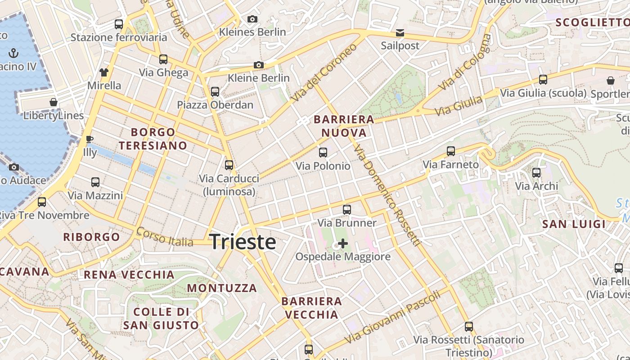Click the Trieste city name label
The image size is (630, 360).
coord(243,242)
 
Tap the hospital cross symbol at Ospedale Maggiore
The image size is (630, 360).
coord(343,244)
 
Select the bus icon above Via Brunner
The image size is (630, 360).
coord(346,209)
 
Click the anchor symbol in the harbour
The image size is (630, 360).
coord(13,54)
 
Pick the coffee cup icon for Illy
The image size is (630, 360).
coord(89,139)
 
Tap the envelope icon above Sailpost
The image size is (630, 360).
coord(400,33)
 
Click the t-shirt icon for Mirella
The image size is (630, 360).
coord(104,72)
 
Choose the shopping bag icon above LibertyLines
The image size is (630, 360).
coord(54,103)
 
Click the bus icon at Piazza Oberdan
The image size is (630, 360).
coord(215,92)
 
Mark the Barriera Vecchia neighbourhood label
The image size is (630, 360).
coord(311,308)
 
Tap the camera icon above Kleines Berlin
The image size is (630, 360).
coord(252,19)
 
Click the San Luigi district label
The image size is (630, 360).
coord(574,224)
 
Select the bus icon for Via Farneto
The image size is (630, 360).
coord(451,151)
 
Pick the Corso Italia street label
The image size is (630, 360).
coord(164,237)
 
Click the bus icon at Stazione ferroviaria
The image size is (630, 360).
coord(119,24)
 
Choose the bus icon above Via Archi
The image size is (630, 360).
coord(536,173)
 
